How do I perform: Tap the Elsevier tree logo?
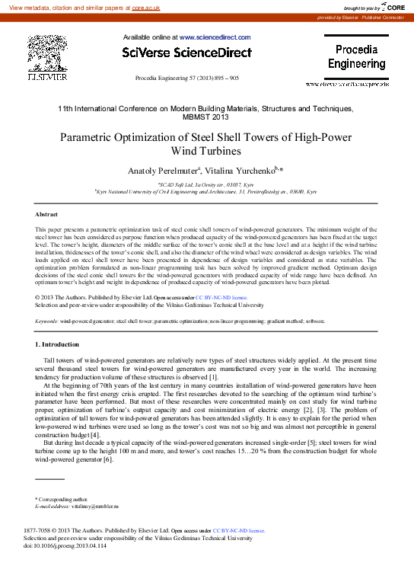(46, 53)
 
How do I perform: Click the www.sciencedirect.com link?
(215, 37)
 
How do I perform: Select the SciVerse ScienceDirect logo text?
(186, 53)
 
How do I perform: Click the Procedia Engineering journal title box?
(356, 57)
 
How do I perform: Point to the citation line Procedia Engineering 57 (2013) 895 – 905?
(186, 78)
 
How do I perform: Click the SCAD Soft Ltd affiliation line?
(207, 184)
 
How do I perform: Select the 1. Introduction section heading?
(63, 345)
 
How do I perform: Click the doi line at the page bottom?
(65, 546)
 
